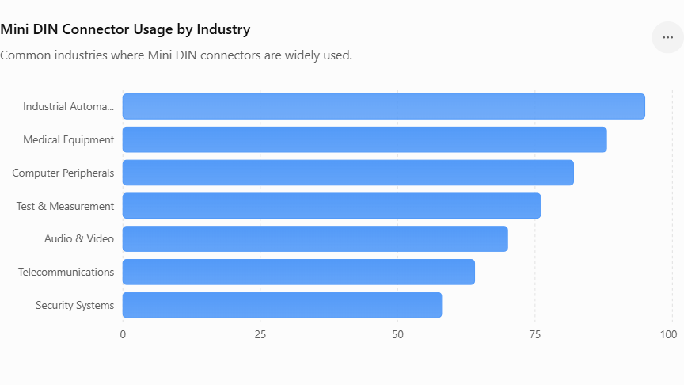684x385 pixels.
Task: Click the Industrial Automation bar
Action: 384,106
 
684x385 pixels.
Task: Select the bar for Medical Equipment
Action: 365,139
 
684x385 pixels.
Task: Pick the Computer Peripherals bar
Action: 348,173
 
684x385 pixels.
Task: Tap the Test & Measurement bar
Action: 332,206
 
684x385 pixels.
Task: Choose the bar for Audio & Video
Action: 315,238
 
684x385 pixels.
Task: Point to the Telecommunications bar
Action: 298,272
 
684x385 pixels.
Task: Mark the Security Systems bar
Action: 283,305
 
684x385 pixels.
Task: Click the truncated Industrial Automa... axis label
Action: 69,106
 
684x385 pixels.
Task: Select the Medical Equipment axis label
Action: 69,139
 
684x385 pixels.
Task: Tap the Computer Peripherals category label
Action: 63,173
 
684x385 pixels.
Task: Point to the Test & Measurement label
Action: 65,206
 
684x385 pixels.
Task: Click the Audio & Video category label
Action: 79,238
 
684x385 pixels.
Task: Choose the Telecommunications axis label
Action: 66,272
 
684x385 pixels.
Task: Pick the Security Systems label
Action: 75,305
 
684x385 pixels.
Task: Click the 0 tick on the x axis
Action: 123,335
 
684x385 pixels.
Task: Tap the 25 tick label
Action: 260,335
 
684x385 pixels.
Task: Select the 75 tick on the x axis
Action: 535,335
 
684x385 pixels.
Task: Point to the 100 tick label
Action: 668,335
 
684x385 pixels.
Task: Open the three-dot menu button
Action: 668,37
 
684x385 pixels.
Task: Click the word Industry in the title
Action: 223,29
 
